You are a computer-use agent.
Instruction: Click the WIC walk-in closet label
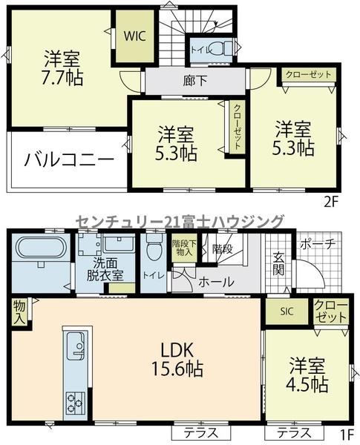coord(134,36)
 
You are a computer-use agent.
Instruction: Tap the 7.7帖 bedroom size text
coord(62,77)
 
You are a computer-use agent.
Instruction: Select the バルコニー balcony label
coord(69,159)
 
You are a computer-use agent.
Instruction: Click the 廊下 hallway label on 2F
coord(195,81)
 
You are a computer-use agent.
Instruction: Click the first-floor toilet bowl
coord(154,249)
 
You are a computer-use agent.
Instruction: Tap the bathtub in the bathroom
coord(42,248)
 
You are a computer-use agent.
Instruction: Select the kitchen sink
coord(76,346)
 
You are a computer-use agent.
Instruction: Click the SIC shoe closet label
coord(287,311)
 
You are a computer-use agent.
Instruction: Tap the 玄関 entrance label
coord(279,264)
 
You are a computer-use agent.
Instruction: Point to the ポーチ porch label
coord(318,245)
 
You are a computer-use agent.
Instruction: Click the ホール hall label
coord(216,282)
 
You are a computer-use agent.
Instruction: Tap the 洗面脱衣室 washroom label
coord(105,270)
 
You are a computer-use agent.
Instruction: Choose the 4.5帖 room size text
coord(307,385)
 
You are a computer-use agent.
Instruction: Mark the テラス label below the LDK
coord(201,433)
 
